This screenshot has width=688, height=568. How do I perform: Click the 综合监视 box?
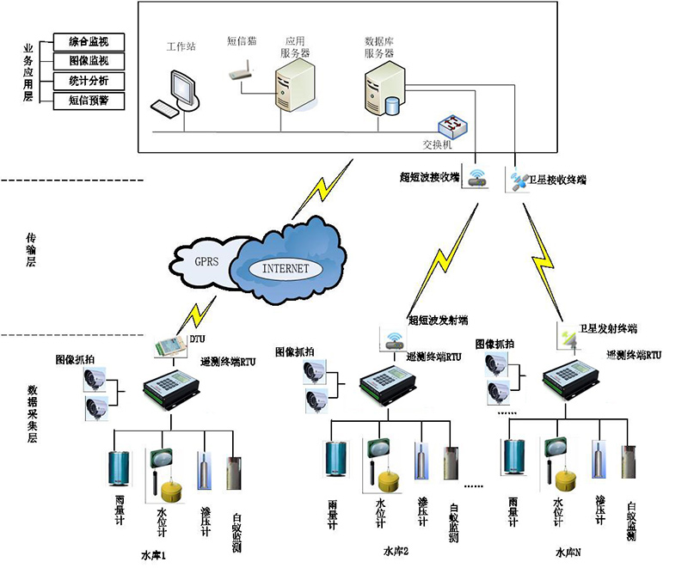(88, 41)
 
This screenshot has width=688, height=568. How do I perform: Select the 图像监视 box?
(88, 61)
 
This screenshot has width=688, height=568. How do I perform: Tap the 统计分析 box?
(88, 82)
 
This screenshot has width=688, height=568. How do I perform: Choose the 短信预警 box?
(88, 101)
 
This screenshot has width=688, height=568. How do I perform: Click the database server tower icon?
(382, 89)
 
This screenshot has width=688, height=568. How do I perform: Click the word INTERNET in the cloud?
(285, 268)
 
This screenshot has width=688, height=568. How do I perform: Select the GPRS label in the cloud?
(209, 261)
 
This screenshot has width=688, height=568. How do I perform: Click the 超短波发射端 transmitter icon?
(392, 339)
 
